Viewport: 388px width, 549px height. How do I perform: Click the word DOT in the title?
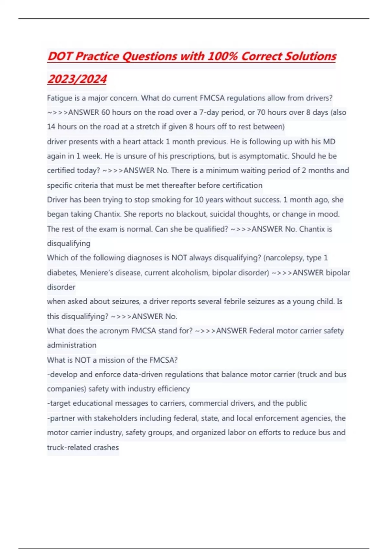click(60, 57)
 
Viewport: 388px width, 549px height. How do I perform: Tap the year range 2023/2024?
click(77, 79)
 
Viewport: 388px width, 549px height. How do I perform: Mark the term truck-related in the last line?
click(67, 447)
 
